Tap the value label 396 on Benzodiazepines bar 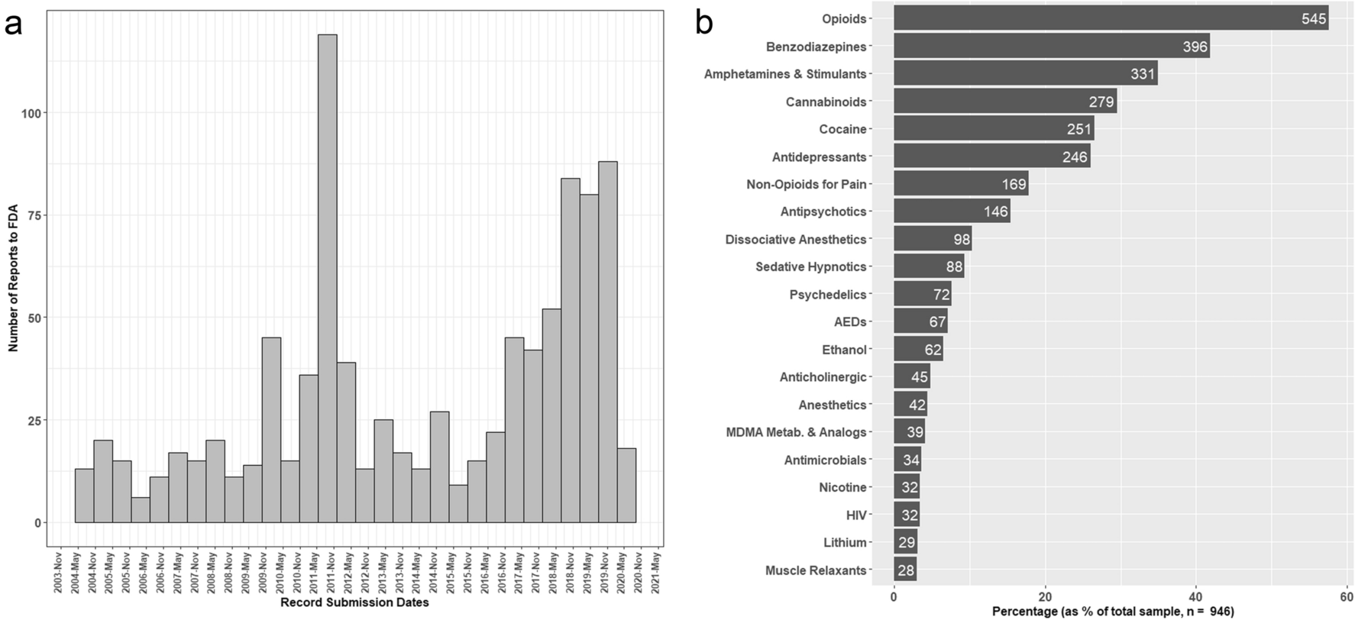[1195, 47]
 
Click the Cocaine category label [842, 129]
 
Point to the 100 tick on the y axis [36, 113]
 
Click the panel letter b [703, 23]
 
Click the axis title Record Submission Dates [354, 603]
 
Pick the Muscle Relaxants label [816, 570]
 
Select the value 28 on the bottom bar [906, 570]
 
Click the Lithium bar [905, 543]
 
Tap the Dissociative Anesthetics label [795, 240]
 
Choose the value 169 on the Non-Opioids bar [1014, 184]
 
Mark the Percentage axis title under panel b [1112, 612]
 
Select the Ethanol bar [918, 350]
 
